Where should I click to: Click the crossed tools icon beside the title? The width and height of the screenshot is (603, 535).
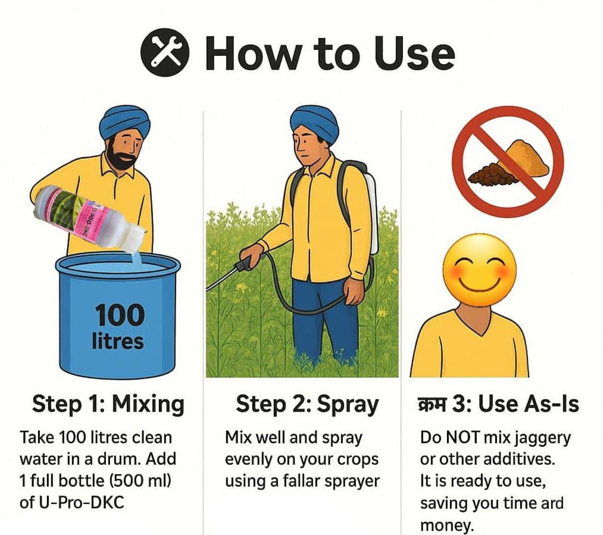coord(165,52)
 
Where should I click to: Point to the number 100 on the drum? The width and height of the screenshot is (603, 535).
coord(119,315)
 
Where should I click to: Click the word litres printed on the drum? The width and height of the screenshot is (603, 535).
coord(118,342)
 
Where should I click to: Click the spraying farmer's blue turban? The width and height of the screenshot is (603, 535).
coord(314,122)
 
